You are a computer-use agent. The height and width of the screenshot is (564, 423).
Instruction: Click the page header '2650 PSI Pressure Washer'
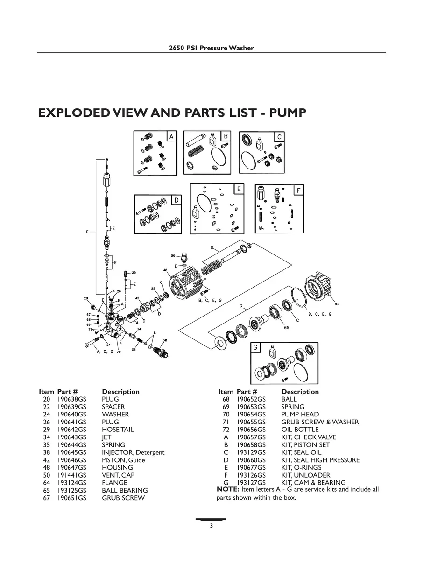pos(211,48)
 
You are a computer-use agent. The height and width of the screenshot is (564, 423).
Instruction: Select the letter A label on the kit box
pos(171,136)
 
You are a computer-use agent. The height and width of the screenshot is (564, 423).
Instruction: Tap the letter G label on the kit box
pos(255,347)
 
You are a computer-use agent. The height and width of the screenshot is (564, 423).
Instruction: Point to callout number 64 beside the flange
pos(337,304)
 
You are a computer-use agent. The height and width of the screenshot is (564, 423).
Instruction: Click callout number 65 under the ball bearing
pos(286,328)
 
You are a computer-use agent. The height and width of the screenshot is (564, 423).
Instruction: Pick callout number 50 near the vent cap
pos(173,256)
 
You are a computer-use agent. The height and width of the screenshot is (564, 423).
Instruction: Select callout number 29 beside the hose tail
pos(134,272)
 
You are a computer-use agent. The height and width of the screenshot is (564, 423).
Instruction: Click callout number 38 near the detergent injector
pos(165,340)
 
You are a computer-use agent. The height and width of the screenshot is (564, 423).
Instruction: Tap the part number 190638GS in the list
pos(71,399)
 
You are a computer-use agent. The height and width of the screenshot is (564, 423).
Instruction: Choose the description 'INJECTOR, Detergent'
pos(133,452)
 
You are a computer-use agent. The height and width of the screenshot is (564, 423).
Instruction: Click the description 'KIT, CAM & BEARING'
pos(313,483)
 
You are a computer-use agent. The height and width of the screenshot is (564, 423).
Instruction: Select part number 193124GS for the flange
pos(71,483)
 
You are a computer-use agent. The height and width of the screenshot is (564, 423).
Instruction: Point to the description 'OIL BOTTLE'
pos(300,430)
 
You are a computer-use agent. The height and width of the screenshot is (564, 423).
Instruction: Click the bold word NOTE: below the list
pos(228,489)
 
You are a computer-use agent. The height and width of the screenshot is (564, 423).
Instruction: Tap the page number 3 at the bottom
pos(211,526)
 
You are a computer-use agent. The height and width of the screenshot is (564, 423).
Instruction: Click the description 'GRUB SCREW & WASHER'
pos(320,422)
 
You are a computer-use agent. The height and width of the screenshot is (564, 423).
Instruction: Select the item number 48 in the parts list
pos(46,468)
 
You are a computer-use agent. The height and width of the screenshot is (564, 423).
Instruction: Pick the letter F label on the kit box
pos(298,190)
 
